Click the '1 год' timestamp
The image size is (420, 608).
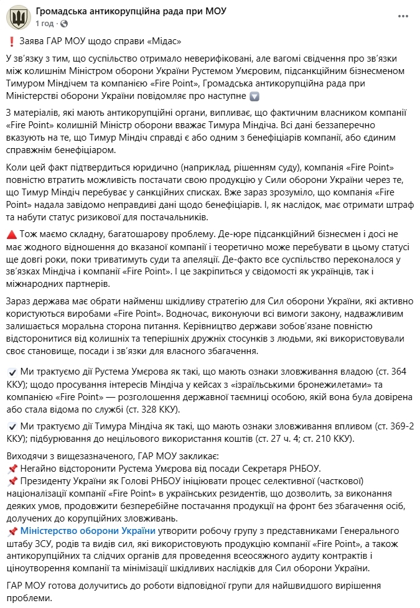point(45,23)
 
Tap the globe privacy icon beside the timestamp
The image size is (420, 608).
point(62,24)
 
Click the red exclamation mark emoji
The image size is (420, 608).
point(11,41)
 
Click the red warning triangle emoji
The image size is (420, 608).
point(12,232)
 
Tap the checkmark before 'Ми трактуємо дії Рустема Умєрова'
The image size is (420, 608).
point(12,372)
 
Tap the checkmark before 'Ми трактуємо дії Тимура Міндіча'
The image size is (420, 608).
point(12,426)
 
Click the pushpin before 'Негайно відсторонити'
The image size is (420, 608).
point(12,467)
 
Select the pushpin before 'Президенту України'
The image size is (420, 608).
point(12,481)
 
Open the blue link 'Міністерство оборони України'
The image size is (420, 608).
point(88,531)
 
